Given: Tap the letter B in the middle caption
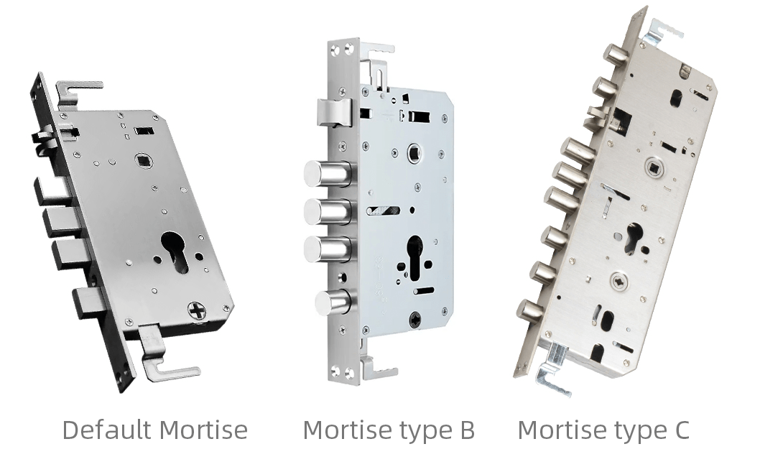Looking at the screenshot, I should [x=465, y=430].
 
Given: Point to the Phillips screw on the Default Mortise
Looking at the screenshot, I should [x=197, y=310].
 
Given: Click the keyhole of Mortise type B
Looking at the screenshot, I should [x=415, y=256].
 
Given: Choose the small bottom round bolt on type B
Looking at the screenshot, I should [x=332, y=302].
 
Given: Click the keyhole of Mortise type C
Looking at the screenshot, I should [x=633, y=238].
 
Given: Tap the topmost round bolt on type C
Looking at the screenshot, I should [x=614, y=54].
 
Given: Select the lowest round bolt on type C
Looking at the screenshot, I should [x=532, y=310].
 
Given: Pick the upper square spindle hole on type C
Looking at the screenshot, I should [x=652, y=166].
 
